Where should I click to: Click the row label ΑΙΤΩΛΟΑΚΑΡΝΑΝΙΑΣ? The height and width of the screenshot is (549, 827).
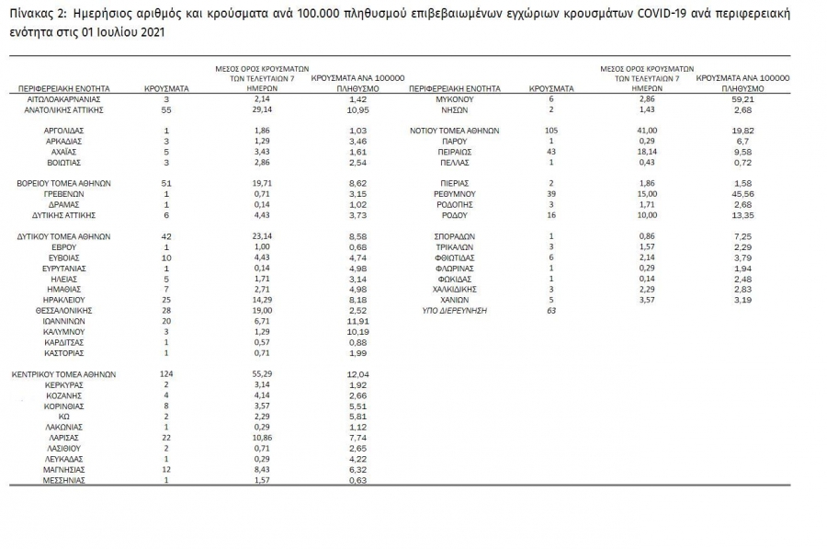pos(63,98)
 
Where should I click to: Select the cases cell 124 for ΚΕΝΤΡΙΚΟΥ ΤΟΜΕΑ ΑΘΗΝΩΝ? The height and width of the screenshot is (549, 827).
pos(167,375)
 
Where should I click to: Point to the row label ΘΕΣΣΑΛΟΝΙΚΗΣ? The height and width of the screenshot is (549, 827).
pos(63,310)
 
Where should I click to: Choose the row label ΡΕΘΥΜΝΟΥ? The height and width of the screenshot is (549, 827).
pos(455,194)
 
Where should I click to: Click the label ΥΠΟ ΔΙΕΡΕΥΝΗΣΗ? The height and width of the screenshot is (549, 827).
pos(455,311)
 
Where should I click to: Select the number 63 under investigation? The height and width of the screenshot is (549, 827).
pos(552,311)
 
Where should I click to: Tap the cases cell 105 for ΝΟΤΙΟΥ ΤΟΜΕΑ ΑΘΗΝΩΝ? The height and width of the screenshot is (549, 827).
pos(551,131)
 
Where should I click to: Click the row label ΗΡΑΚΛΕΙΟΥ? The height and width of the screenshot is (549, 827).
pos(63,300)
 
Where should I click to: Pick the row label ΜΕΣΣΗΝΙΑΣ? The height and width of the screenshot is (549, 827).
pos(63,480)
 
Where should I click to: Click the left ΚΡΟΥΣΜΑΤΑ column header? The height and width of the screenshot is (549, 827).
pos(167,88)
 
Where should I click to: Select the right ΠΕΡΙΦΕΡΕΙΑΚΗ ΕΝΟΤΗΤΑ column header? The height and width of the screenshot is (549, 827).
pos(455,88)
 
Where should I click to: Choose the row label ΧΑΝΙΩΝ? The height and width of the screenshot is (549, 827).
pos(455,300)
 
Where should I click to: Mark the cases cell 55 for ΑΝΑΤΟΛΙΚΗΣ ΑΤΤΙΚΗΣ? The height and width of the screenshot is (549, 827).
pos(167,109)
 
